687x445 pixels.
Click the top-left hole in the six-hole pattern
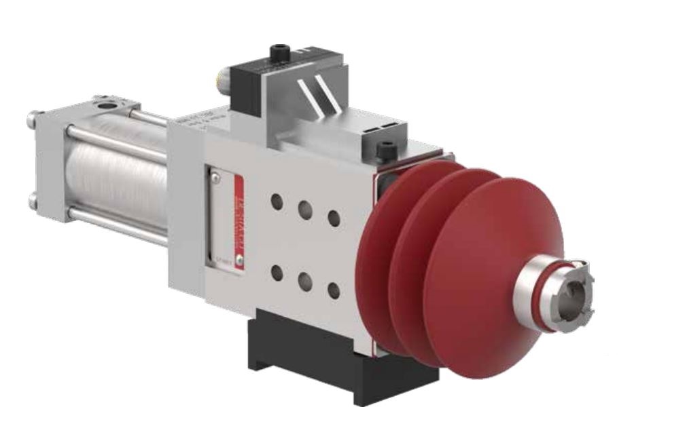tap(277, 201)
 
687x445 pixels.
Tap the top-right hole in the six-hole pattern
tap(334, 217)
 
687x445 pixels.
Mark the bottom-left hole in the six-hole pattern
tap(277, 272)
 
